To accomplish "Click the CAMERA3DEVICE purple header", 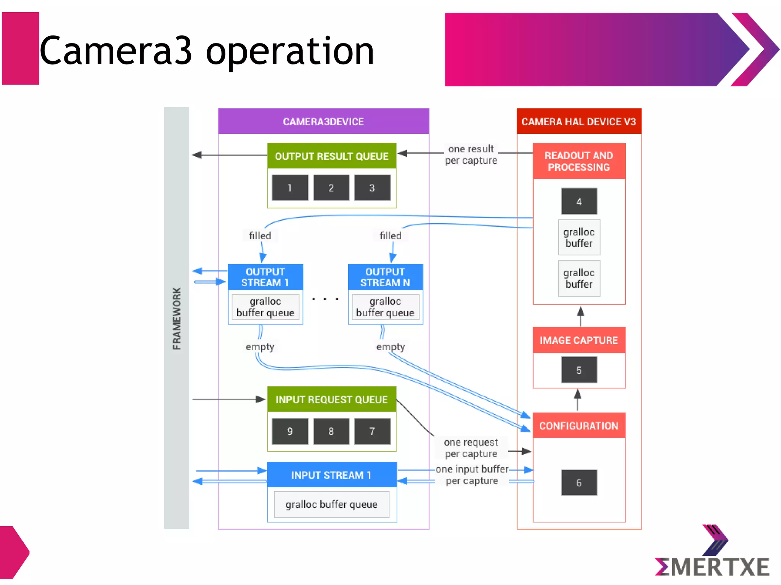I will tap(323, 122).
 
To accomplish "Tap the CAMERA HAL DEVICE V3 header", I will tap(579, 122).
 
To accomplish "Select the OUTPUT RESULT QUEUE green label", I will tap(331, 156).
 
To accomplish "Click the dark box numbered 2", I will tap(331, 188).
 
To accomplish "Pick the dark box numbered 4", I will tap(579, 202).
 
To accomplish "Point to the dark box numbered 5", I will tap(579, 370).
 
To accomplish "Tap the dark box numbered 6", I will tap(579, 482).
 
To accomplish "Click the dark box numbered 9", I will tap(290, 431).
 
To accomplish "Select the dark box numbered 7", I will tap(372, 431).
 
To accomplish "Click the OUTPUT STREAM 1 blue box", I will tap(265, 277).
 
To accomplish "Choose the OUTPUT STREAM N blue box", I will tap(385, 277).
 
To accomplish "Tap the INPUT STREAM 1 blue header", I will tap(331, 475).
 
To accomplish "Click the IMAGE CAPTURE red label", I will tap(579, 340).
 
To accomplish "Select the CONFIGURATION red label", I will tap(579, 426).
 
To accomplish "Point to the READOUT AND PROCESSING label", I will tap(579, 161).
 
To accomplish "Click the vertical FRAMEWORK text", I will tap(177, 319).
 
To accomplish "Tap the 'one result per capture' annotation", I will tap(471, 154).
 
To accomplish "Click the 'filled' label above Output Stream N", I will tap(390, 236).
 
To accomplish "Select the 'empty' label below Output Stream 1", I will tap(260, 347).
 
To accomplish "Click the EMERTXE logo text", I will tap(712, 567).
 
